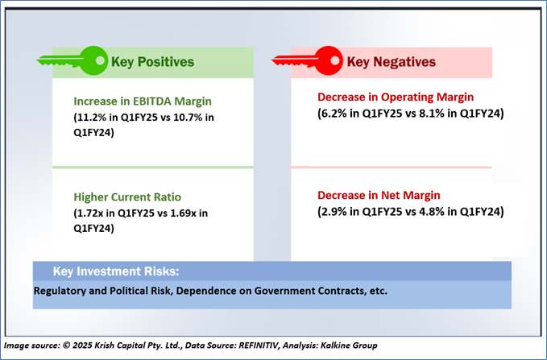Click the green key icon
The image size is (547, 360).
[73, 59]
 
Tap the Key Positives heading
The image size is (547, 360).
[155, 61]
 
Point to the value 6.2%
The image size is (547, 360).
[334, 114]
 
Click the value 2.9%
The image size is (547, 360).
[334, 212]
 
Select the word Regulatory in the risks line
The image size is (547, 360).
[62, 291]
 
